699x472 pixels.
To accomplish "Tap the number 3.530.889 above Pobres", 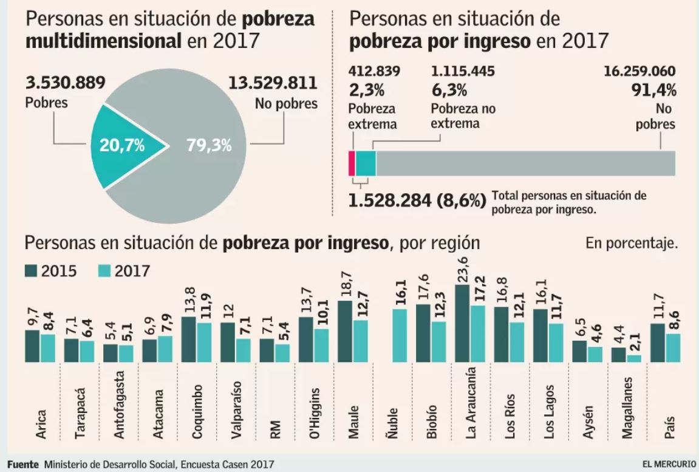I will [x=65, y=83].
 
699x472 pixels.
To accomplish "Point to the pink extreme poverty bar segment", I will [x=352, y=163].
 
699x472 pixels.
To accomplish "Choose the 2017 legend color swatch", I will [x=103, y=270].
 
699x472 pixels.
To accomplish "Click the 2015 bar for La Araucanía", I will [x=462, y=324].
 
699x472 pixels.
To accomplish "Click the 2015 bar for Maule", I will [x=344, y=332].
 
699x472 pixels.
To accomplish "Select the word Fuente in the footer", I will [x=22, y=464].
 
